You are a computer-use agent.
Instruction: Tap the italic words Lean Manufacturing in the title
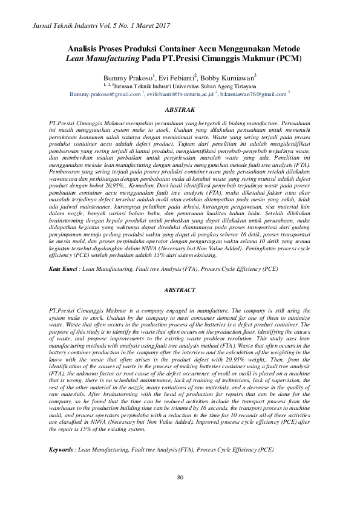tap(98, 59)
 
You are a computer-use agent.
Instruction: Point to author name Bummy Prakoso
tap(129, 78)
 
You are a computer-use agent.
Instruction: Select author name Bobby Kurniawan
tap(232, 78)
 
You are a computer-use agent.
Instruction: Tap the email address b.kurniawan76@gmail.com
tap(252, 94)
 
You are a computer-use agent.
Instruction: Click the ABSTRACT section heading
tap(180, 290)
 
